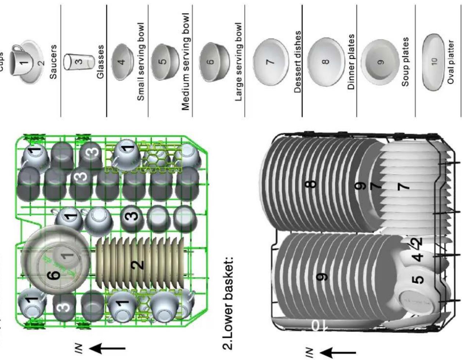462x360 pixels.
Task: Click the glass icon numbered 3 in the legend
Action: [79, 61]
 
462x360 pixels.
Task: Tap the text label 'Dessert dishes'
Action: [298, 61]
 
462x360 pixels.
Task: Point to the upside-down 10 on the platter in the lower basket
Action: [317, 325]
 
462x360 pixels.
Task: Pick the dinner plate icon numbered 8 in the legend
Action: [325, 62]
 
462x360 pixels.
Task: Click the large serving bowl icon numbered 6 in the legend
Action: [212, 62]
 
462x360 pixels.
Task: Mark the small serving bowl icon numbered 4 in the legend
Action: [122, 62]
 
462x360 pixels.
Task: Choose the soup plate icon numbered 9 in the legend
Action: [379, 62]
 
